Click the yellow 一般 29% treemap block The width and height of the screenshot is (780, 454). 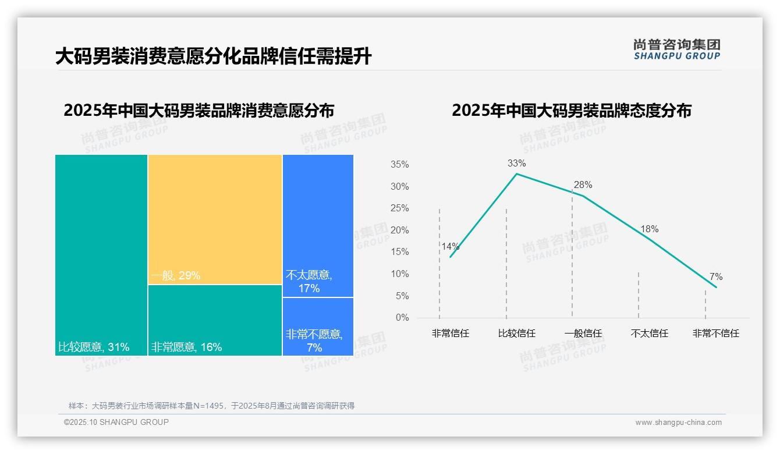215,219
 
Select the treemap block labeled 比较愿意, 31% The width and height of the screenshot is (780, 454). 101,255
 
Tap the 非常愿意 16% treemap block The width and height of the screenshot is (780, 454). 215,320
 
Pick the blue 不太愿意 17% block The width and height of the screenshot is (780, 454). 318,226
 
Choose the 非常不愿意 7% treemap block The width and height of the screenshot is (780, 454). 318,327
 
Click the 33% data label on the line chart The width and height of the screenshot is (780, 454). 516,164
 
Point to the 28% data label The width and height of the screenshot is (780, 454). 583,185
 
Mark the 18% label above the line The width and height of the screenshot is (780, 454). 649,229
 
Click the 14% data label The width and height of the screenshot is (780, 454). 450,246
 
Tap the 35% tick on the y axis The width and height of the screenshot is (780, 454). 399,165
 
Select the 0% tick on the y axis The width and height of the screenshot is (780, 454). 402,318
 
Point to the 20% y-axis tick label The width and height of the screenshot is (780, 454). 399,230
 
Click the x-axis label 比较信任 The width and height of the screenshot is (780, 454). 516,334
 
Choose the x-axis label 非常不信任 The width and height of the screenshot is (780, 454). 715,334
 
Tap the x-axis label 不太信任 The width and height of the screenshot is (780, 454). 649,334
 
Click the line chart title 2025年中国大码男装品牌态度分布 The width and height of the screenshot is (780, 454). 571,111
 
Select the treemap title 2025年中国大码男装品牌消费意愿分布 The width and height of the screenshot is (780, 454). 198,111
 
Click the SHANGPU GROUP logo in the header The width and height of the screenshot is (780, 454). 676,49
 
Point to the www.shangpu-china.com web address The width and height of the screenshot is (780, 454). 678,423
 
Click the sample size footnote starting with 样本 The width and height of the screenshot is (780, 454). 211,406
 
